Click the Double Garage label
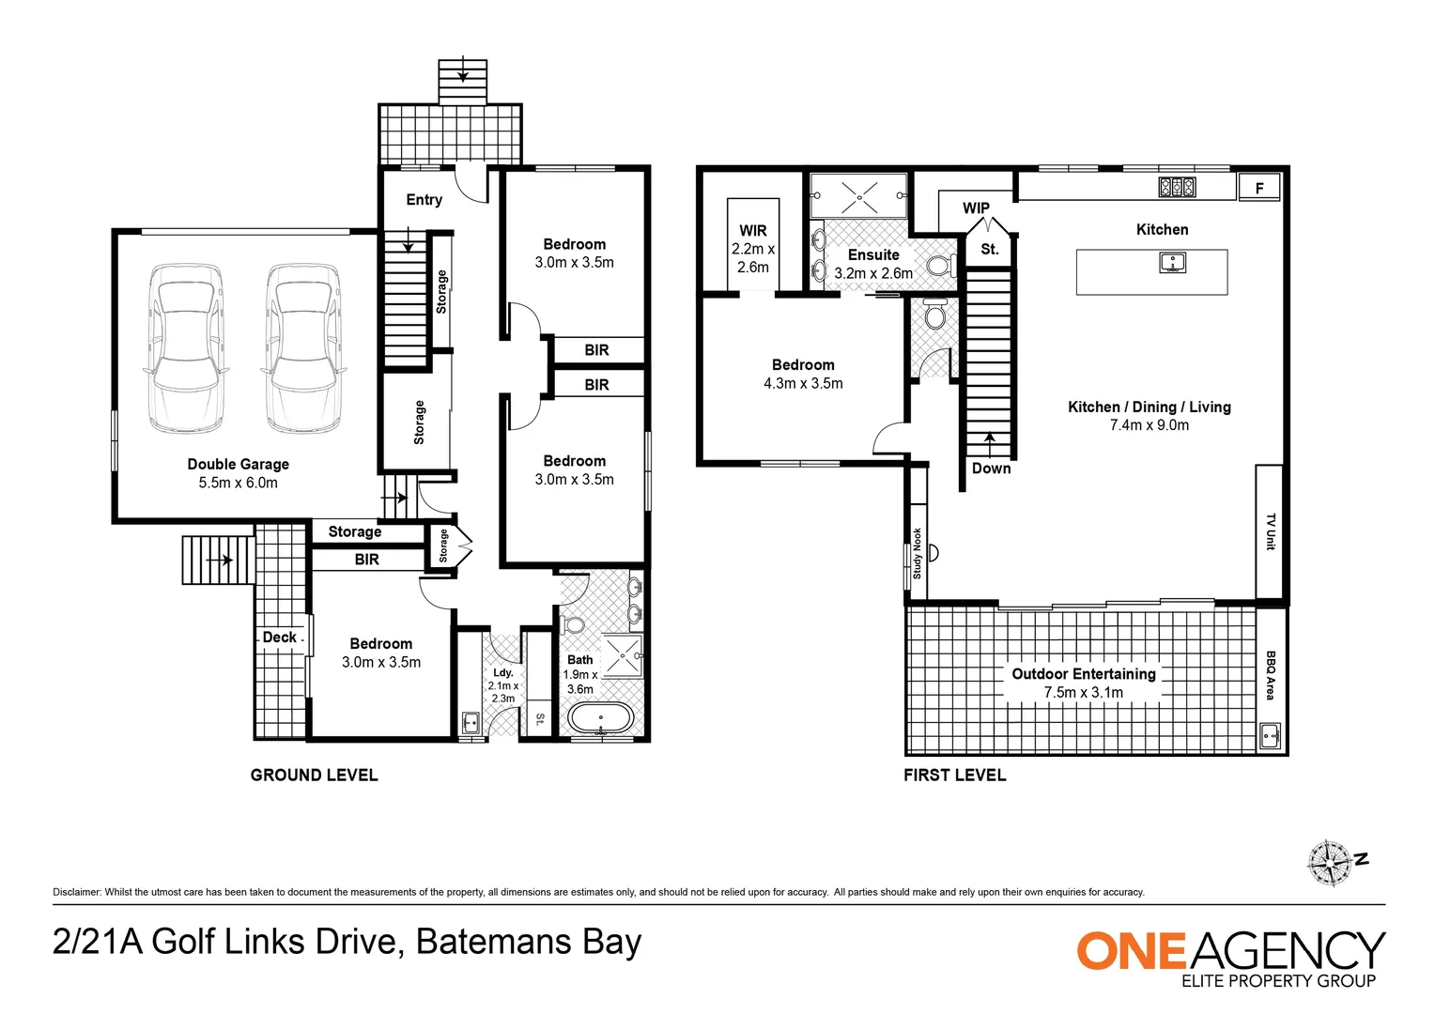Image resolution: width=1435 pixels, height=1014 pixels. [x=238, y=464]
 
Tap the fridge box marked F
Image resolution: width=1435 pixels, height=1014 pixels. [x=1258, y=188]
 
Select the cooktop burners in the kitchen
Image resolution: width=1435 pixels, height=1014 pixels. [x=1177, y=187]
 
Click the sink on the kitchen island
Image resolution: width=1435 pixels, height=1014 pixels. [x=1172, y=263]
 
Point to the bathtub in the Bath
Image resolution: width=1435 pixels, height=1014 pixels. [x=600, y=718]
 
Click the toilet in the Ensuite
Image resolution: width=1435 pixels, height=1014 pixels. [x=941, y=265]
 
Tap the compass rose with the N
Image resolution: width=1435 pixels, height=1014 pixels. [x=1333, y=863]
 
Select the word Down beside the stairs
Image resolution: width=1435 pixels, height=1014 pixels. [x=991, y=469]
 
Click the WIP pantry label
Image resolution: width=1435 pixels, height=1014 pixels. [x=976, y=208]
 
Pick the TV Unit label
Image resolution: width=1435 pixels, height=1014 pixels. [x=1271, y=531]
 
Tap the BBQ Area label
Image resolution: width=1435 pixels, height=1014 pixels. [x=1271, y=675]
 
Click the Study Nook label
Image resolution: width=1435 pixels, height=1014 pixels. [x=917, y=553]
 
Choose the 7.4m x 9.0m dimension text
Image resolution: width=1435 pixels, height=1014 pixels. [x=1150, y=425]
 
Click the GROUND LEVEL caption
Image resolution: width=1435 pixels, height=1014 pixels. [x=314, y=776]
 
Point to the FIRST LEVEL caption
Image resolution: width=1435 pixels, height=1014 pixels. [x=954, y=776]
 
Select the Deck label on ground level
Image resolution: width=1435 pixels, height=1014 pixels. [x=279, y=638]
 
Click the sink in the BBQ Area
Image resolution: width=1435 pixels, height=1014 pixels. [x=1271, y=735]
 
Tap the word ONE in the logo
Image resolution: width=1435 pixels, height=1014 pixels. [x=1131, y=950]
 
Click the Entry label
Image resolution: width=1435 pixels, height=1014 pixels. [x=424, y=200]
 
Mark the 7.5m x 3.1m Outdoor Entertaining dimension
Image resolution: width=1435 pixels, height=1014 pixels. [x=1084, y=693]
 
